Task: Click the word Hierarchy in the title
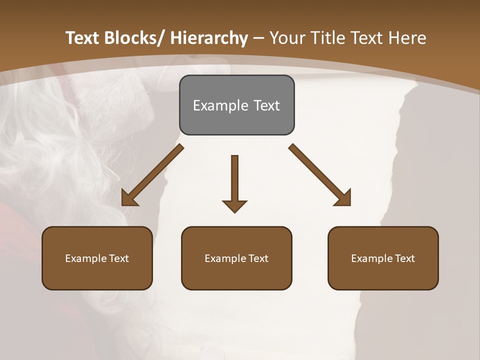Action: (208, 38)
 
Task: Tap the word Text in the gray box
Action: (266, 105)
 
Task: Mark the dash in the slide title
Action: (258, 38)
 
